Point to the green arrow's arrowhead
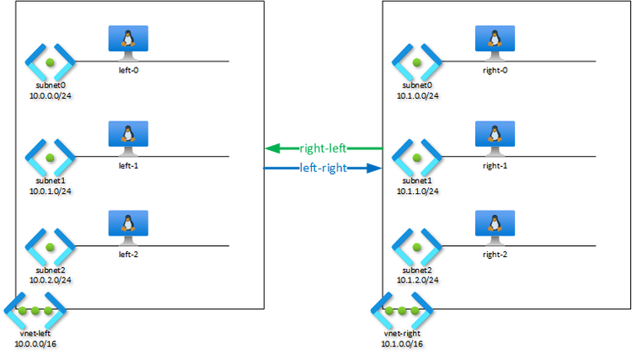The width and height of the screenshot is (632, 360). click(x=271, y=148)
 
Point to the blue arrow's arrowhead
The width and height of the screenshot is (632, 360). click(x=377, y=168)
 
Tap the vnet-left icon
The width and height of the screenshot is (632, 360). click(x=35, y=311)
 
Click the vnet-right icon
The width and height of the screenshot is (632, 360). click(x=401, y=311)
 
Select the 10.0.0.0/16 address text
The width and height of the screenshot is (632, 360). click(x=35, y=343)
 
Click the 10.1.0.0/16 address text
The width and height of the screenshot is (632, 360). click(x=401, y=343)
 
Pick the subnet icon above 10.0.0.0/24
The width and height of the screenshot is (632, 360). click(x=50, y=62)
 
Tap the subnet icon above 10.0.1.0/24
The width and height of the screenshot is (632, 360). click(x=50, y=156)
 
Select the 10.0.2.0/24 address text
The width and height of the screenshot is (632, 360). click(x=50, y=279)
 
